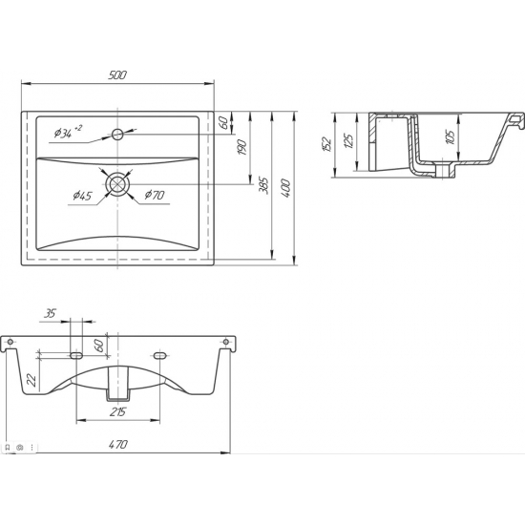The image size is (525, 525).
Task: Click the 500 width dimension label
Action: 117,75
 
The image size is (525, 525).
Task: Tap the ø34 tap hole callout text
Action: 68,133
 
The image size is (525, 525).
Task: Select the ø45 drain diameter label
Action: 82,195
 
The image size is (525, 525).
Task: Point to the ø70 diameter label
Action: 155,195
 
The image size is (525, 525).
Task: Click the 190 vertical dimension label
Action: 242,148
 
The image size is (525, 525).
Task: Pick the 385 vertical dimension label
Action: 264,185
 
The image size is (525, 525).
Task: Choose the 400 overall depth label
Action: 285,188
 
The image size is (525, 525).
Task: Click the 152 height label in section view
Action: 327,144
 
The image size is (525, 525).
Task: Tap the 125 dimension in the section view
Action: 348,141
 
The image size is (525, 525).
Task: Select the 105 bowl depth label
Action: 451,137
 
